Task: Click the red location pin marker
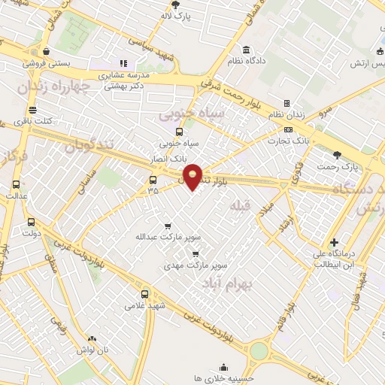coord(193,176)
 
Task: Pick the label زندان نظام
coord(286,114)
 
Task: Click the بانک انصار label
coord(168,159)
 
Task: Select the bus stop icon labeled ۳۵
coord(153,180)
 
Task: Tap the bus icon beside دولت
coord(31,222)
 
